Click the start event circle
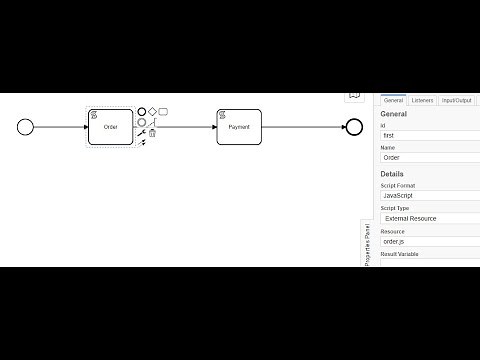[26, 127]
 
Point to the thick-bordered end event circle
[353, 127]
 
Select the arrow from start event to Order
[60, 127]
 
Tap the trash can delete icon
[153, 133]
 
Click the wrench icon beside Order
[141, 133]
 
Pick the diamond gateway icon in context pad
[152, 112]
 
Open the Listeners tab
[422, 101]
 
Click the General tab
[393, 101]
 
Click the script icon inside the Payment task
[223, 115]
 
